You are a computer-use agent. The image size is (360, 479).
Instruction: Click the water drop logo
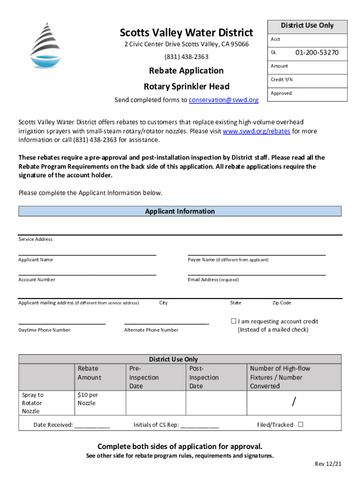pyautogui.click(x=46, y=45)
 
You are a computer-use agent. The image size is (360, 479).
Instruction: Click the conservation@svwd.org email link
pyautogui.click(x=224, y=100)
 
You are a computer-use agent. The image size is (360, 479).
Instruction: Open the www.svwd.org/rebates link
pyautogui.click(x=256, y=131)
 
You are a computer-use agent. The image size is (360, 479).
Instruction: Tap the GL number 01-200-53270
pyautogui.click(x=317, y=53)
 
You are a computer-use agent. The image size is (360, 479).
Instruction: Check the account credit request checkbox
pyautogui.click(x=233, y=321)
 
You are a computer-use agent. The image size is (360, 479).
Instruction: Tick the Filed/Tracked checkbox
pyautogui.click(x=301, y=425)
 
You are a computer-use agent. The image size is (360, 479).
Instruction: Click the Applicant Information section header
pyautogui.click(x=180, y=211)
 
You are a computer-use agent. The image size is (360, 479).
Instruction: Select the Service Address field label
pyautogui.click(x=36, y=239)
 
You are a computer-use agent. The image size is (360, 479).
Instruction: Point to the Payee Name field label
pyautogui.click(x=228, y=260)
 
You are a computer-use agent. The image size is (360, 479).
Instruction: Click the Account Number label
pyautogui.click(x=37, y=280)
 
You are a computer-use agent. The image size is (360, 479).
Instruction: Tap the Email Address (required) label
pyautogui.click(x=213, y=280)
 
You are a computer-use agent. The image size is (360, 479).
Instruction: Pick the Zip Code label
pyautogui.click(x=281, y=303)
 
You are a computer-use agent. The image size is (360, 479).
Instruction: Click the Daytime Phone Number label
pyautogui.click(x=44, y=330)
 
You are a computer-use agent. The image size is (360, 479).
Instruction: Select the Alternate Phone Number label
pyautogui.click(x=151, y=330)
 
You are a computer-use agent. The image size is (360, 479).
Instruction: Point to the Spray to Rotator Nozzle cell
pyautogui.click(x=33, y=403)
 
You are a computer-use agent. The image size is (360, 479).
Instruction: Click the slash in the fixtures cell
pyautogui.click(x=294, y=401)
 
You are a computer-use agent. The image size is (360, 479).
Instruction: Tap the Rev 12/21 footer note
pyautogui.click(x=328, y=464)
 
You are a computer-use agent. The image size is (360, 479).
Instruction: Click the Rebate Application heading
pyautogui.click(x=186, y=71)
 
